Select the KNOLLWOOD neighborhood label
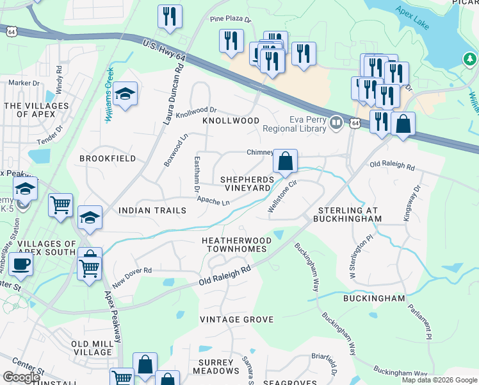click(231, 121)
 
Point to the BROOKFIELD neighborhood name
click(108, 158)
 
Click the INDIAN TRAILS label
click(152, 210)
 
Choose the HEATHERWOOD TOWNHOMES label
click(236, 245)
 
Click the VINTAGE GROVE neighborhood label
click(236, 320)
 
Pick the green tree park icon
click(470, 60)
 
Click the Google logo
click(21, 377)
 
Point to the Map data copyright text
click(439, 380)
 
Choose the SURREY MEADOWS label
click(216, 366)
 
